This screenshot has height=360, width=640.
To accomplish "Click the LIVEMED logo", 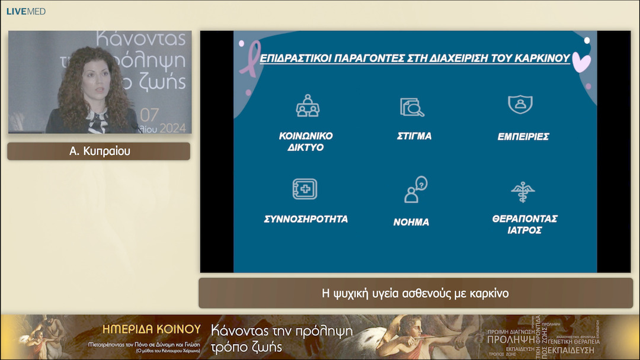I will click(x=26, y=11).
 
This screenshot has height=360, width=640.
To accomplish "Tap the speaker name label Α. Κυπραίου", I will click(x=99, y=151).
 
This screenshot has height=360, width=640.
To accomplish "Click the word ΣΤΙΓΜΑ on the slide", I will click(x=414, y=136).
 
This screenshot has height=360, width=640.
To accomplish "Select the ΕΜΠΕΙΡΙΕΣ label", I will click(x=523, y=136).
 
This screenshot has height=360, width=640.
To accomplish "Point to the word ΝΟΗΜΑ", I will click(x=411, y=222).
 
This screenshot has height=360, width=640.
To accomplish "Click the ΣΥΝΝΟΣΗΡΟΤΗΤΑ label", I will click(x=306, y=219).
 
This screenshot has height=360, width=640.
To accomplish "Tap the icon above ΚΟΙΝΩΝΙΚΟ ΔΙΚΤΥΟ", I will click(x=308, y=106).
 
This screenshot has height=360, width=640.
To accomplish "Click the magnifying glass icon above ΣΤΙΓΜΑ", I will click(x=412, y=107).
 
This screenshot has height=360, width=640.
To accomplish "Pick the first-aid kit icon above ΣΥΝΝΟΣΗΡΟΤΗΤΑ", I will click(x=305, y=189).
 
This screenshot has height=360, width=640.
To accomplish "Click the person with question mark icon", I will click(x=415, y=189).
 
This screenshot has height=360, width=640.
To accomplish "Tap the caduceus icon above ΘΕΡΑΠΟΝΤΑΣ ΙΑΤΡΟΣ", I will click(x=523, y=192).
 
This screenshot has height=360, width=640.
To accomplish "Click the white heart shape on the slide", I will click(x=581, y=62).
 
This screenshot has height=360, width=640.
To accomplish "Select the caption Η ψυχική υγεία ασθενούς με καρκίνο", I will click(x=415, y=293).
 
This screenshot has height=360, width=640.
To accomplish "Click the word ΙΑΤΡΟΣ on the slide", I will click(x=524, y=230).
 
